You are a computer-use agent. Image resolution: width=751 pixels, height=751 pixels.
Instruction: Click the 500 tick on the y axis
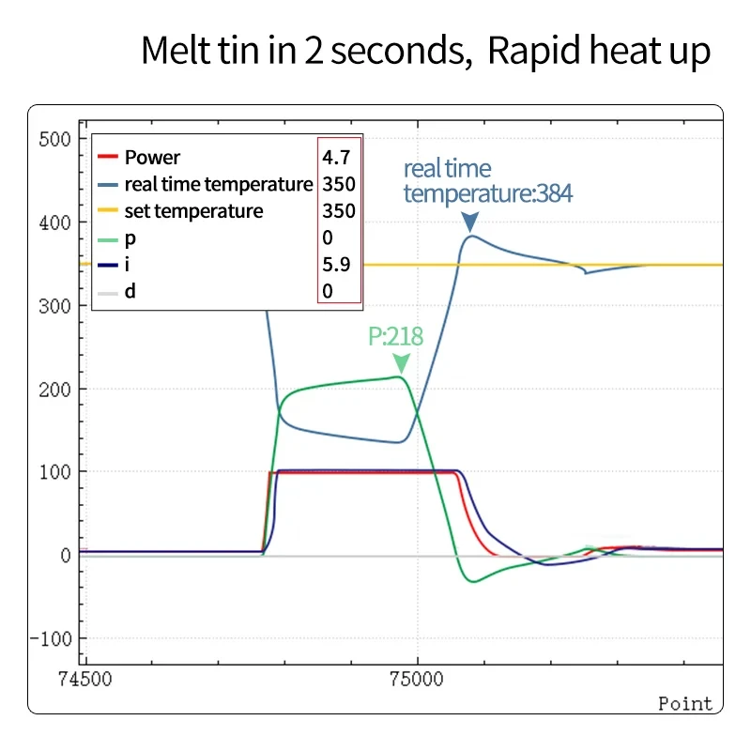[x=54, y=140]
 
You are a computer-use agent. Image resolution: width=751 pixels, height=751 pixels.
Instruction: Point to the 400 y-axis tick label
[x=54, y=223]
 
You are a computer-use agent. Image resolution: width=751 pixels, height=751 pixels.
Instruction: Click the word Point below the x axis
[x=684, y=704]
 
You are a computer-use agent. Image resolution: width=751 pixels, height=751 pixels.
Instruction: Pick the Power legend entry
[x=152, y=158]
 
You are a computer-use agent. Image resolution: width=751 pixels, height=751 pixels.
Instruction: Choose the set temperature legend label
[x=193, y=211]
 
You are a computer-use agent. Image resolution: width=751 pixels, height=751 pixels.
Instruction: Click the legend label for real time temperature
[x=218, y=184]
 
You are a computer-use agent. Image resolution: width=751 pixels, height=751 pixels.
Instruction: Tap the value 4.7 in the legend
[x=336, y=158]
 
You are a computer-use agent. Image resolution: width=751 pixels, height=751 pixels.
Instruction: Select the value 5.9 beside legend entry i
[x=336, y=265]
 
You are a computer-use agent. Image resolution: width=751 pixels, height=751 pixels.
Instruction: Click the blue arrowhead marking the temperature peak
[x=470, y=222]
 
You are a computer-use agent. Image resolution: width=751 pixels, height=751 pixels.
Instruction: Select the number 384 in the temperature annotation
[x=552, y=193]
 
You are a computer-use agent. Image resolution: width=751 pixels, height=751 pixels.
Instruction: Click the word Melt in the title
[x=176, y=51]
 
